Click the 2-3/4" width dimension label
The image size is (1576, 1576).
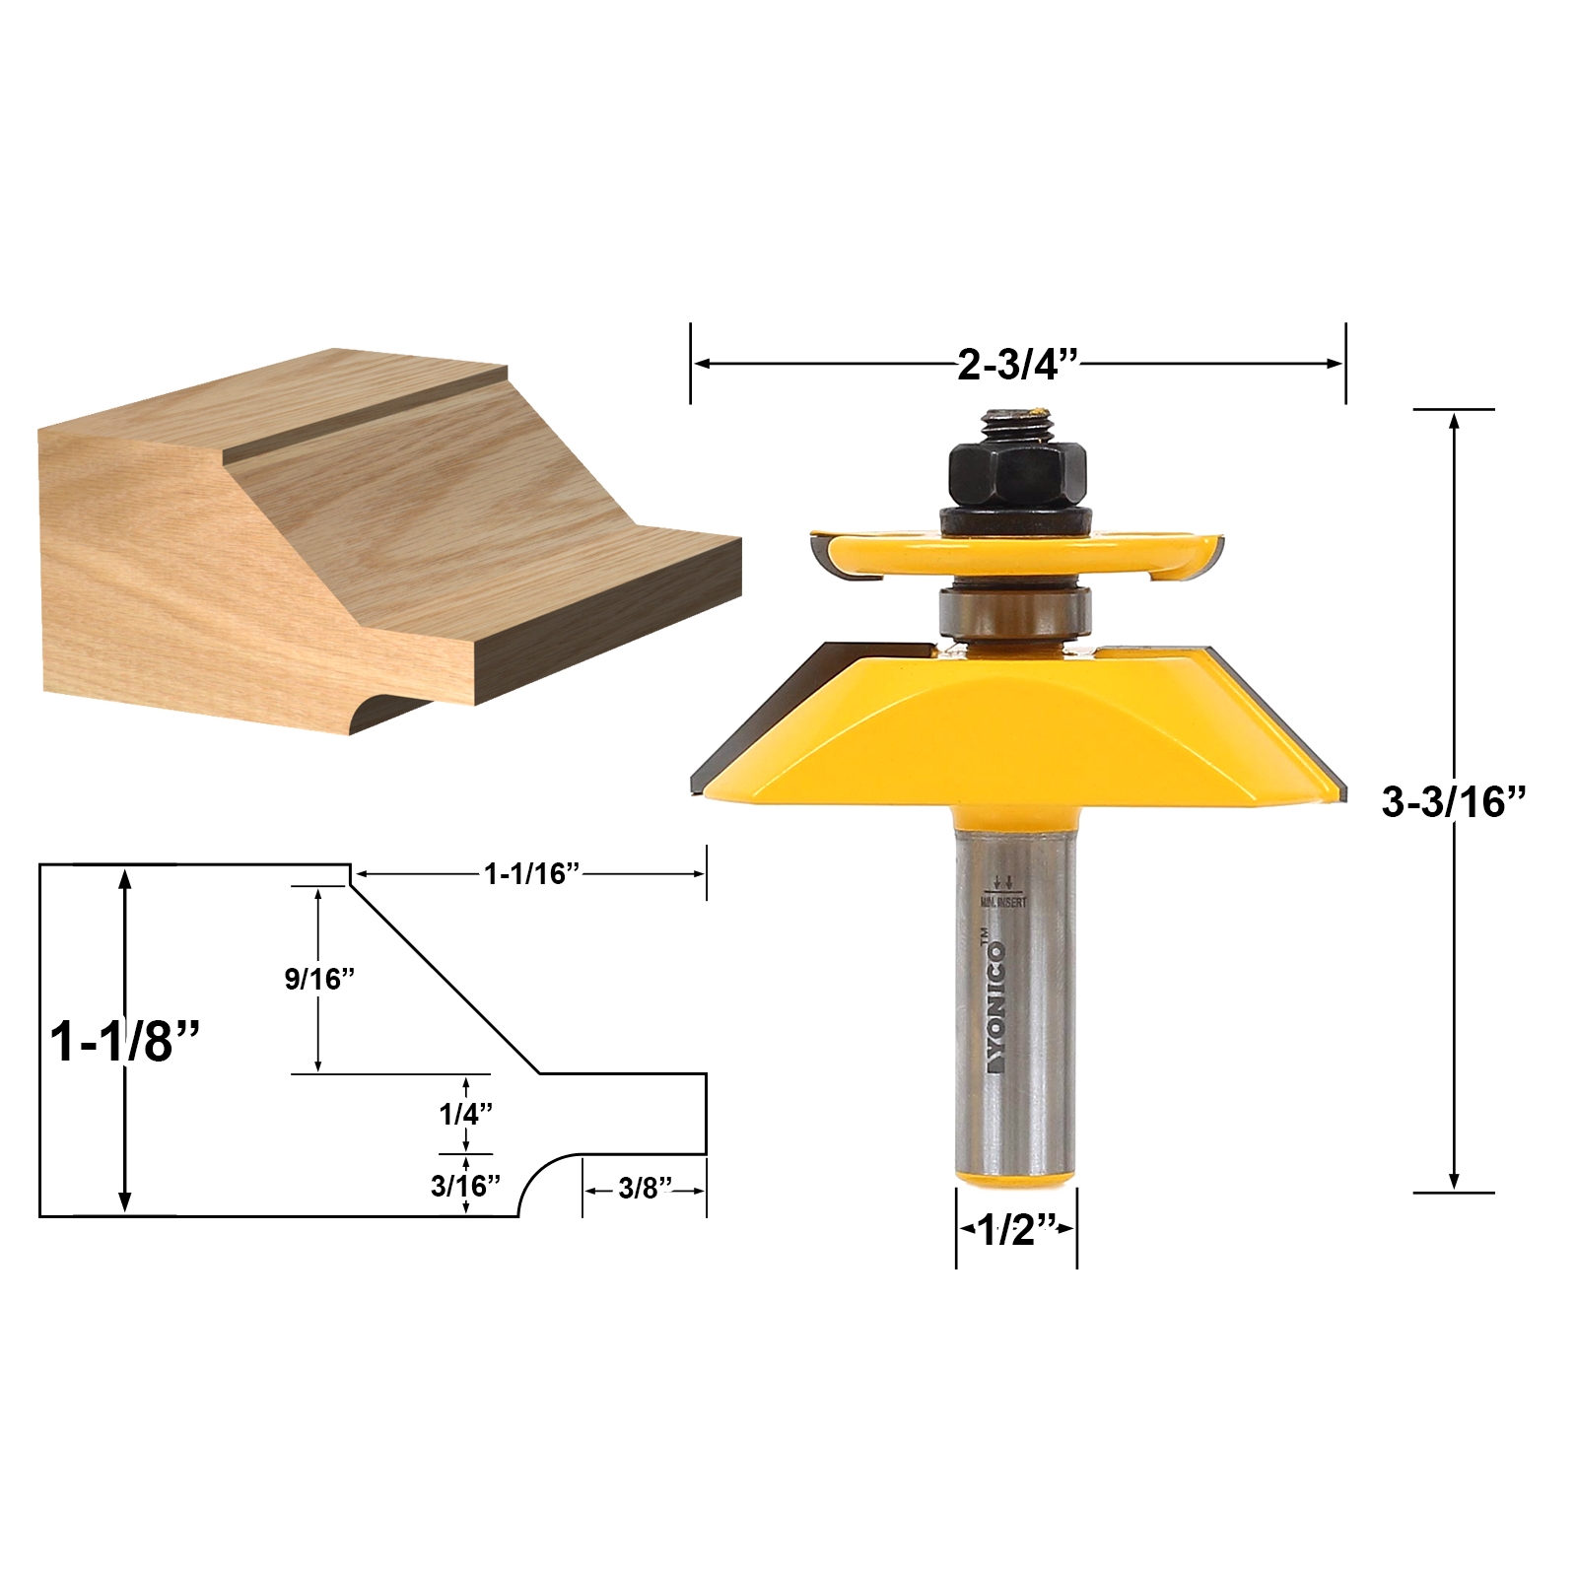coord(1018,366)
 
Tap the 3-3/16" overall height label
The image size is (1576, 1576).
coord(1453,802)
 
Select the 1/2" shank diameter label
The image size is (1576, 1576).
coord(1016,1229)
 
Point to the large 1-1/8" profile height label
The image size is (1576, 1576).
coord(125,1041)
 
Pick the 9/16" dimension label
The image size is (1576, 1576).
coord(319,979)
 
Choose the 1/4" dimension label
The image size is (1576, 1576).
coord(465,1114)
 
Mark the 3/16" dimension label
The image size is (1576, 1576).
coord(464,1186)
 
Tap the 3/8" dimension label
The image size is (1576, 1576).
coord(645,1189)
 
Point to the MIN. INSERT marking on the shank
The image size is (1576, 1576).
coord(1003,901)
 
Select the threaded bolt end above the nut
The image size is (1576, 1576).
coord(1016,423)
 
